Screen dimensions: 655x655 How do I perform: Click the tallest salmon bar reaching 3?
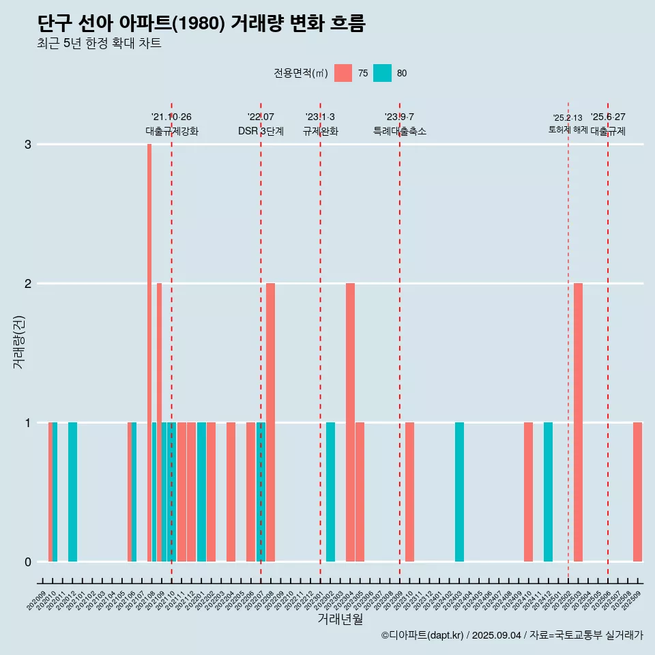[x=149, y=352]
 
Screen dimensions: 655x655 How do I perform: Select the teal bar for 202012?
[x=72, y=492]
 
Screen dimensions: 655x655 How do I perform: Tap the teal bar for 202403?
[x=459, y=492]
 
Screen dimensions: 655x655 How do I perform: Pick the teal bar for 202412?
[x=548, y=492]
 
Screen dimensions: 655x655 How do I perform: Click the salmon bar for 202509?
[x=637, y=492]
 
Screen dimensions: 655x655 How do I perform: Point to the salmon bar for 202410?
[x=528, y=492]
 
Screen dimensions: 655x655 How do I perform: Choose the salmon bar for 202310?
[x=409, y=492]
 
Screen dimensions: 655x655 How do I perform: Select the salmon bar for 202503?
[x=578, y=422]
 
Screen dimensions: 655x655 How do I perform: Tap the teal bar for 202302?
[x=330, y=492]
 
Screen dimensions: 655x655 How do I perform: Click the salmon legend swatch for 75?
[x=343, y=73]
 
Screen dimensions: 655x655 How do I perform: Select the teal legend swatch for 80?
[x=382, y=73]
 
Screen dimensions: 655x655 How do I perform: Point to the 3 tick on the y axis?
[x=28, y=145]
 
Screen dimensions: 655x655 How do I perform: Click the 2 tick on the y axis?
[x=28, y=284]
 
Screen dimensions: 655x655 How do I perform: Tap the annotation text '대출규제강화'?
[x=171, y=132]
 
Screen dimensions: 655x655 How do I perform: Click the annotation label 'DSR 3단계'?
[x=261, y=132]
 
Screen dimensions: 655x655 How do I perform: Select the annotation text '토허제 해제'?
[x=568, y=130]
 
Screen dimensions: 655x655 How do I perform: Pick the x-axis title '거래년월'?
[x=340, y=620]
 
